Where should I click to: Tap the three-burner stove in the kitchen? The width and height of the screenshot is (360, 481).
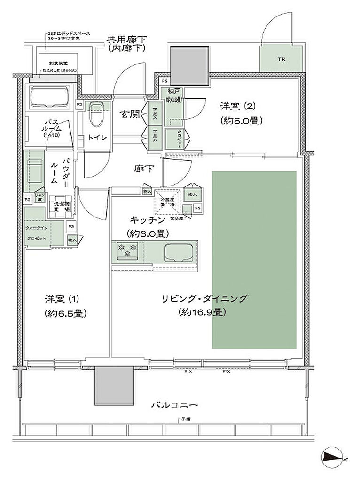(x=126, y=250)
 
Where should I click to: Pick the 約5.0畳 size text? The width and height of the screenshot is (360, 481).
(x=241, y=121)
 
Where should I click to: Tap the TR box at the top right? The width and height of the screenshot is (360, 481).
(x=281, y=59)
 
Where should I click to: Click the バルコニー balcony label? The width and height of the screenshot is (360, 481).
(x=174, y=405)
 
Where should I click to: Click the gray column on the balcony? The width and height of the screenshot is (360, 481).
(x=112, y=385)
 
